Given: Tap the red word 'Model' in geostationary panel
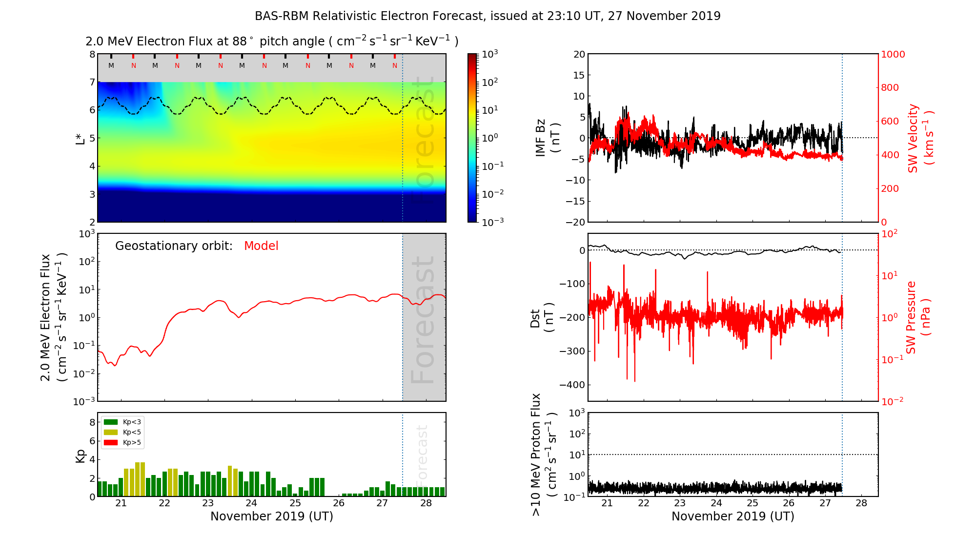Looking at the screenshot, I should (x=261, y=246).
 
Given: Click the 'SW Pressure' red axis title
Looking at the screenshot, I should (x=912, y=317).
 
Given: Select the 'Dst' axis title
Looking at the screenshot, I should (x=535, y=318).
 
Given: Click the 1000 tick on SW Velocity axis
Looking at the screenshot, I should (x=893, y=54).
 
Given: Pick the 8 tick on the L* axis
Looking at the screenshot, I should (x=92, y=54).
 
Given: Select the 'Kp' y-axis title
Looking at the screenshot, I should (x=81, y=455).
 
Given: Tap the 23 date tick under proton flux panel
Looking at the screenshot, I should (x=680, y=503).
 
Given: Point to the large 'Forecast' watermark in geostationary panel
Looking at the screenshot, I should (x=423, y=320).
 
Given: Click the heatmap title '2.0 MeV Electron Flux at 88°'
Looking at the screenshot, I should (x=271, y=41).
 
